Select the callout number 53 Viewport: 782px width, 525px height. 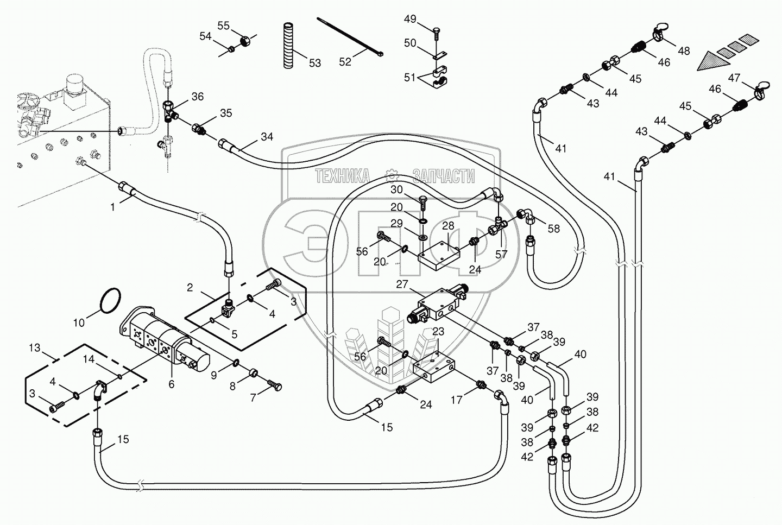point(315,63)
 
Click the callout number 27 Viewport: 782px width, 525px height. point(401,284)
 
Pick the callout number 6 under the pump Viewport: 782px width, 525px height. point(171,384)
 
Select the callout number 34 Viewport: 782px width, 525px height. point(267,137)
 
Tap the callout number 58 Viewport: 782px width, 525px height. point(553,229)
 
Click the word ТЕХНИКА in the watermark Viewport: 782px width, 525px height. point(342,176)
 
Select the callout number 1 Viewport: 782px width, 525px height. point(112,206)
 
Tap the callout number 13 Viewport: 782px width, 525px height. point(35,347)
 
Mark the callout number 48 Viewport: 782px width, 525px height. point(684,50)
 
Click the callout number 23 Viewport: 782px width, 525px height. point(438,331)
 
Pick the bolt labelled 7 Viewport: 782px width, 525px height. point(274,387)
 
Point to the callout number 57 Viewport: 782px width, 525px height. point(501,254)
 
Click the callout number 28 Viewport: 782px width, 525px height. point(447,225)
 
